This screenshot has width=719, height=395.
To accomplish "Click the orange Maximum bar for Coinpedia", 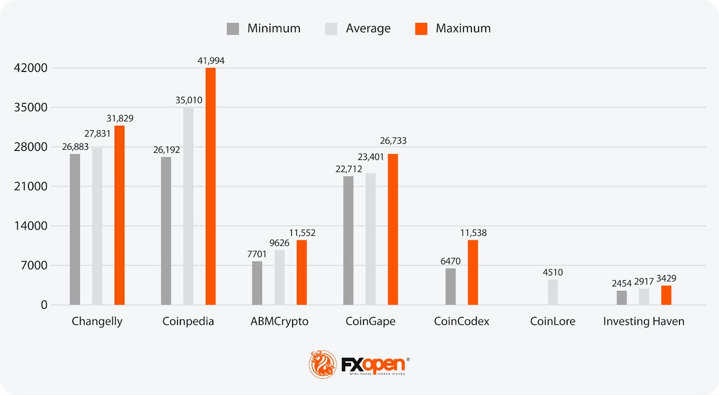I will pyautogui.click(x=210, y=186).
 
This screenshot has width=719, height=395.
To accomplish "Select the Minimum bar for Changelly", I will pyautogui.click(x=75, y=229).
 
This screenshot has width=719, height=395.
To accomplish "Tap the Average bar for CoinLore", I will pyautogui.click(x=553, y=292).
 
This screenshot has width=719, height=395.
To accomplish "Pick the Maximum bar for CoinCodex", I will pyautogui.click(x=473, y=272).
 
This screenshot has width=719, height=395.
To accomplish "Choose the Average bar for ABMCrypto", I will pyautogui.click(x=280, y=277).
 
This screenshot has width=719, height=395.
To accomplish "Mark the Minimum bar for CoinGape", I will pyautogui.click(x=348, y=240).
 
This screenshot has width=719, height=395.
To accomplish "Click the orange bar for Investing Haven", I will pyautogui.click(x=666, y=295).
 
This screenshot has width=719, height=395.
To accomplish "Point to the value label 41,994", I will pyautogui.click(x=211, y=61).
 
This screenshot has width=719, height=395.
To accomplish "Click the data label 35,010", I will pyautogui.click(x=189, y=100).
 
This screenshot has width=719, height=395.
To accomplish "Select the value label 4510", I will pyautogui.click(x=553, y=272).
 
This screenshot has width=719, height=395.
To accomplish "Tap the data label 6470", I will pyautogui.click(x=450, y=261).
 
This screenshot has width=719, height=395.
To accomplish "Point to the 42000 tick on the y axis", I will pyautogui.click(x=31, y=68).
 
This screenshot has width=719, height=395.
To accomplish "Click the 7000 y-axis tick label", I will pyautogui.click(x=34, y=265).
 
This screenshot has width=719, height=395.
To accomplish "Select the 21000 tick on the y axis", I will pyautogui.click(x=31, y=186).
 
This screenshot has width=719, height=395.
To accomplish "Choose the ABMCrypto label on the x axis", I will pyautogui.click(x=280, y=321).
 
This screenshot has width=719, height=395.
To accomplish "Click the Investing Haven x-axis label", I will pyautogui.click(x=644, y=321).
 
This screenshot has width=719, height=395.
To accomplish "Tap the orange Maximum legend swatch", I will pyautogui.click(x=421, y=29).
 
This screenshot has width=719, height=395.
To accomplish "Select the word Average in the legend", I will pyautogui.click(x=368, y=29).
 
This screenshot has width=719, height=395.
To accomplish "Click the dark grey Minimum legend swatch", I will pyautogui.click(x=233, y=29).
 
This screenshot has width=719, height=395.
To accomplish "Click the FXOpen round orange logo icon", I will pyautogui.click(x=323, y=364).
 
